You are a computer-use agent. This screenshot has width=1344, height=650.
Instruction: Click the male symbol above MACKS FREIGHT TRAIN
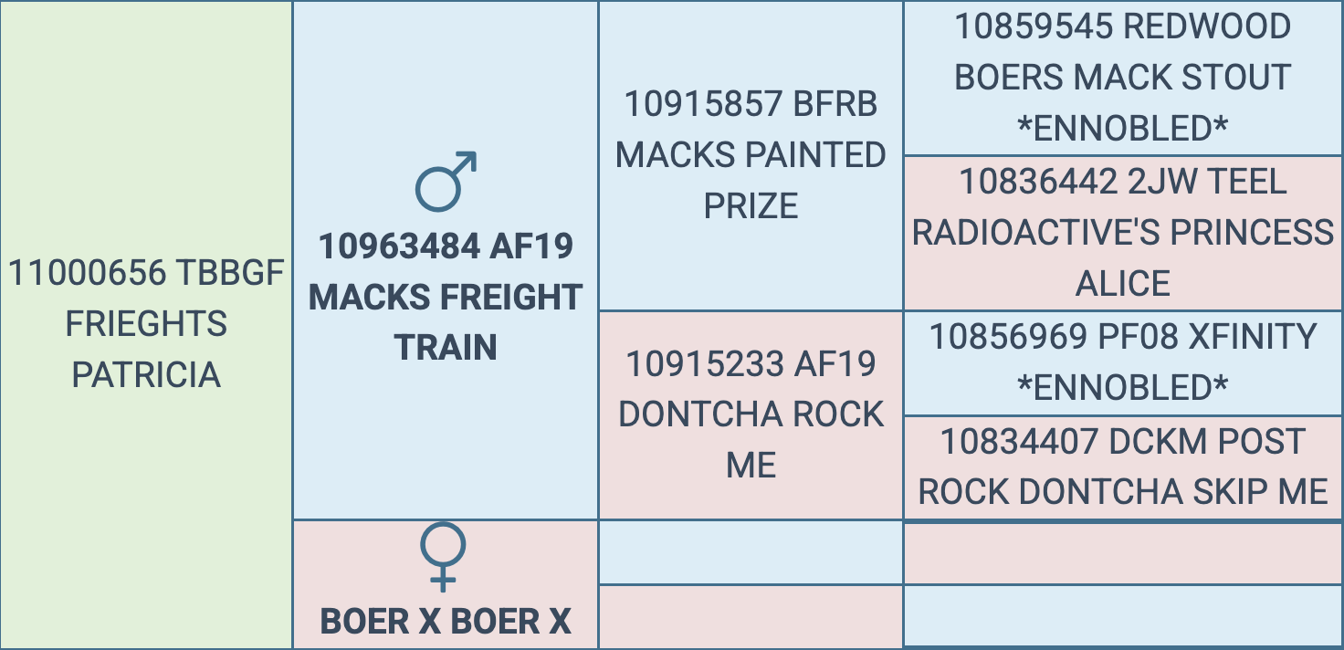[446, 180]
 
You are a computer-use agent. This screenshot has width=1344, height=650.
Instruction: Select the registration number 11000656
[87, 273]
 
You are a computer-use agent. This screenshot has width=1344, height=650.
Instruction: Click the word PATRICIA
[146, 374]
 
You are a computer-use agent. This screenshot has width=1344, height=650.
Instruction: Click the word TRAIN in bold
[446, 348]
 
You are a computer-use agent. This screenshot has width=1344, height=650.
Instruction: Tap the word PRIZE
[751, 206]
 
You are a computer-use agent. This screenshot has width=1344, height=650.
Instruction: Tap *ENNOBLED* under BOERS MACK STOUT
[1122, 129]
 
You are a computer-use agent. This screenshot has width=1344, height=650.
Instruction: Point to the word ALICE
[1122, 284]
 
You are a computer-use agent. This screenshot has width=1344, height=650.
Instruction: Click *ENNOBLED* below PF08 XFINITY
[1122, 388]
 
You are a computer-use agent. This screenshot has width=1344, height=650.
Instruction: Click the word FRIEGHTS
[146, 324]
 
